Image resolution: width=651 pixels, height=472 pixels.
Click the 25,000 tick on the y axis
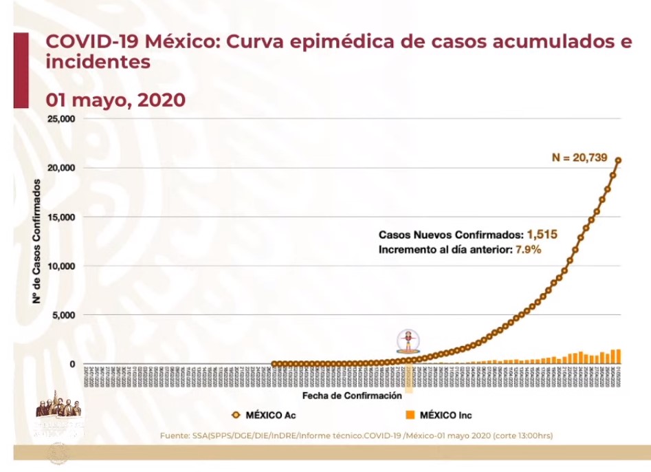point(60,118)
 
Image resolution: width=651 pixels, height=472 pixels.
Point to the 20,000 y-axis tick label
point(60,168)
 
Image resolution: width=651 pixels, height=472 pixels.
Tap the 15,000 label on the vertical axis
point(60,217)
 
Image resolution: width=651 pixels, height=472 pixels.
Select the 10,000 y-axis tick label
point(60,266)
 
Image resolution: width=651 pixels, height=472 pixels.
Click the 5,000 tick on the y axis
point(63,315)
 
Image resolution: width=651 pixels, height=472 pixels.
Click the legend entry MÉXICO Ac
point(265,415)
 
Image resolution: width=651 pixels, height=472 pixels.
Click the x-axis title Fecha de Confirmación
point(352,396)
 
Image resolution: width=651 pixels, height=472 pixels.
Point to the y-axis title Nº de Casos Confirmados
point(35,241)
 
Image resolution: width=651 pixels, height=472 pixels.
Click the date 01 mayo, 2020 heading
point(115,100)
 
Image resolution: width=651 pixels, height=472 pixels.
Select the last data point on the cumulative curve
point(618,160)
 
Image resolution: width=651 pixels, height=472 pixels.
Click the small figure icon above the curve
point(408,341)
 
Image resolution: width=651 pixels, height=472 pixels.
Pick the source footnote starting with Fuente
point(356,436)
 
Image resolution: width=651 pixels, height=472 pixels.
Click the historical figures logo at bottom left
point(60,413)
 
